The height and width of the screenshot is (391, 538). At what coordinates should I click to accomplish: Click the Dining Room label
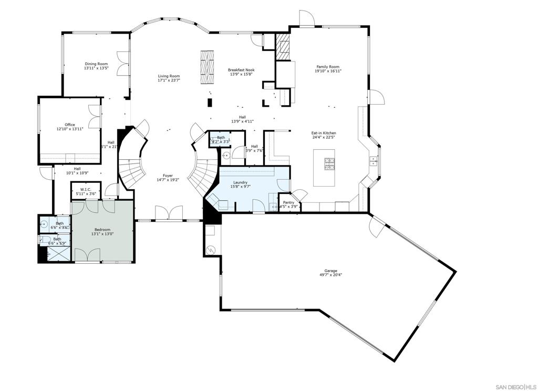(x=96, y=64)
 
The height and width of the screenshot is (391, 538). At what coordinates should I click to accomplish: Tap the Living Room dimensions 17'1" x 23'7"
(x=169, y=81)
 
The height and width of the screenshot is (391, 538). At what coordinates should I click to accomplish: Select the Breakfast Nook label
(x=241, y=70)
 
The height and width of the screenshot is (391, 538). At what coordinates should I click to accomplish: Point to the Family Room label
(x=328, y=67)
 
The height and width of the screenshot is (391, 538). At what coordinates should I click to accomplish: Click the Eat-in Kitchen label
(x=324, y=133)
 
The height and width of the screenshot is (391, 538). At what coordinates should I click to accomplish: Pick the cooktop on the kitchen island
(x=329, y=164)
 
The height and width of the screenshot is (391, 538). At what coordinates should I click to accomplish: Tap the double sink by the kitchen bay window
(x=373, y=160)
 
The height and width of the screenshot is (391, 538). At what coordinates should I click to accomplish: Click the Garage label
(x=330, y=271)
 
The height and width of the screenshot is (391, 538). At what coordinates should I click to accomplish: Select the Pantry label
(x=288, y=202)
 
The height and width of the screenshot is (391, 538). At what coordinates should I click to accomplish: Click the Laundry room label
(x=241, y=182)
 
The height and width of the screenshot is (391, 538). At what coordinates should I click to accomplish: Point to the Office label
(x=70, y=125)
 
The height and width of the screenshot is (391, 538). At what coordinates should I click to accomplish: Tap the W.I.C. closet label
(x=86, y=189)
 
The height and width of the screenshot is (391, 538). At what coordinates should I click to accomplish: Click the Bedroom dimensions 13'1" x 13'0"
(x=102, y=234)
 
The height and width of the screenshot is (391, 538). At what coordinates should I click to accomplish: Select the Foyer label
(x=168, y=176)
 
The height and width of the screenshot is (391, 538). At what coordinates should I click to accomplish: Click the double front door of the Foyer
(x=168, y=213)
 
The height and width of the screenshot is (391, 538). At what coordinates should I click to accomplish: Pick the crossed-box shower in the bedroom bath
(x=58, y=254)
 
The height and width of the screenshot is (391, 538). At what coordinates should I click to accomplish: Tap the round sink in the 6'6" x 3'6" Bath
(x=44, y=223)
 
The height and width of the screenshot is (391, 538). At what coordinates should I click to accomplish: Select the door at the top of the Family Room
(x=306, y=18)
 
